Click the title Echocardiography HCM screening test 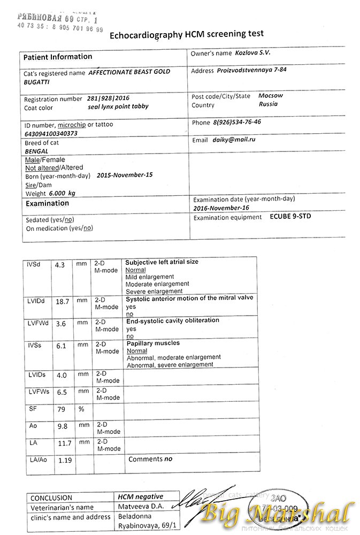click(x=186, y=34)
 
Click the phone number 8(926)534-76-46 click(x=237, y=122)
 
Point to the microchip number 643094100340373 click(x=51, y=133)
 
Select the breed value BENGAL click(x=37, y=151)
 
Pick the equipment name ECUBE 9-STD click(x=290, y=217)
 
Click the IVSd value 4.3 click(x=59, y=265)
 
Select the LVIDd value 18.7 click(x=63, y=302)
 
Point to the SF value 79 click(x=61, y=410)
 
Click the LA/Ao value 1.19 click(x=64, y=460)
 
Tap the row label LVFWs click(x=38, y=392)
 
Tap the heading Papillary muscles click(x=152, y=343)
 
